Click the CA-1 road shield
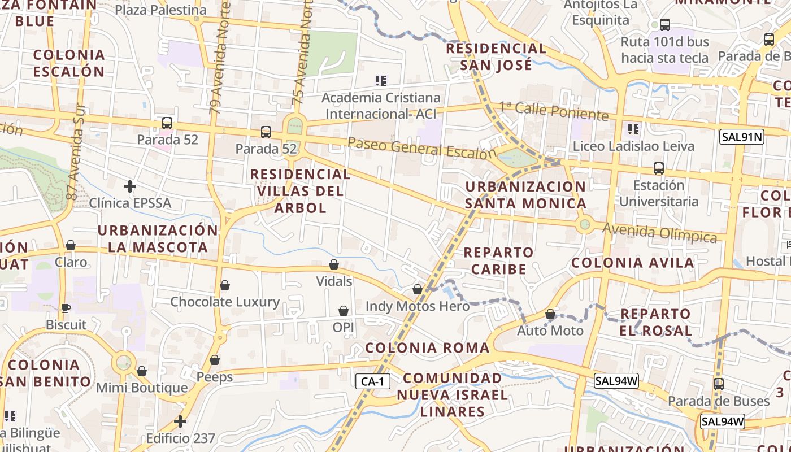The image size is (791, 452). click(372, 381)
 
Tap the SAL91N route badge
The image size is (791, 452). click(741, 136)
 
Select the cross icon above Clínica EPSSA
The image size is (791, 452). click(130, 186)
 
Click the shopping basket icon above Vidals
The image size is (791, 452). click(334, 264)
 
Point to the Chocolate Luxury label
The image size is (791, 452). click(225, 302)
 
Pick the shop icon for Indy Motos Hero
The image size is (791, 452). click(418, 289)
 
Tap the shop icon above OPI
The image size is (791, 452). click(343, 311)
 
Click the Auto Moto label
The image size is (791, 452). click(550, 330)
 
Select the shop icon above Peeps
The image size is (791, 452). click(215, 359)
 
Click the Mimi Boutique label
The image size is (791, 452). click(142, 388)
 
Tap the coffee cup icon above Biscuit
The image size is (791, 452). click(66, 308)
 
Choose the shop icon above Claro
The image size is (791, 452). click(71, 245)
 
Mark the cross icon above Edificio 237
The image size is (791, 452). click(180, 421)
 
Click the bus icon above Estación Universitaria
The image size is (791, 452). click(658, 168)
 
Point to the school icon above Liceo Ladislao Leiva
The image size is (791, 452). click(633, 129)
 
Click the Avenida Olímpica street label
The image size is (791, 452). click(660, 232)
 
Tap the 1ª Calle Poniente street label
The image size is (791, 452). click(553, 111)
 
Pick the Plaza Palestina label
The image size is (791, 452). click(160, 10)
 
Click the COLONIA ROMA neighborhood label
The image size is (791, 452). click(427, 347)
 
